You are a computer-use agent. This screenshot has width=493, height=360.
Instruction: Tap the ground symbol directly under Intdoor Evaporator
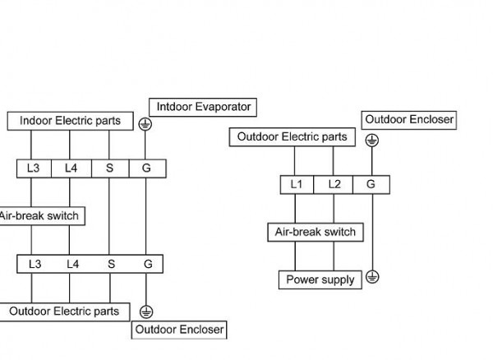pyautogui.click(x=145, y=124)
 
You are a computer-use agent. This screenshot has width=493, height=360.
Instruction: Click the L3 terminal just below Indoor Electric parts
pyautogui.click(x=34, y=168)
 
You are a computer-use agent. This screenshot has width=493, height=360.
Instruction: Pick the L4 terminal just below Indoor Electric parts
pyautogui.click(x=72, y=168)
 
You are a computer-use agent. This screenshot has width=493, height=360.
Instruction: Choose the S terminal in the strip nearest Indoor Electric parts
pyautogui.click(x=109, y=168)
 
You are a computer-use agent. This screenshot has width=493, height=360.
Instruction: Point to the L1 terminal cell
pyautogui.click(x=297, y=184)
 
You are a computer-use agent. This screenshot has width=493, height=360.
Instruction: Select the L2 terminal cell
pyautogui.click(x=334, y=184)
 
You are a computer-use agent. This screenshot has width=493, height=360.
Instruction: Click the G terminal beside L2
pyautogui.click(x=371, y=184)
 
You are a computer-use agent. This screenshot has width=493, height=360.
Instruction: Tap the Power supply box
pyautogui.click(x=320, y=279)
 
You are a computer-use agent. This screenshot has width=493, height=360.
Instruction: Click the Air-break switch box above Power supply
pyautogui.click(x=316, y=232)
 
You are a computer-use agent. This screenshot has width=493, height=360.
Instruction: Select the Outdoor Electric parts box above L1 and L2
pyautogui.click(x=292, y=137)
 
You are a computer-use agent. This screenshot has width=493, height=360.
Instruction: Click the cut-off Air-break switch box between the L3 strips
pyautogui.click(x=41, y=216)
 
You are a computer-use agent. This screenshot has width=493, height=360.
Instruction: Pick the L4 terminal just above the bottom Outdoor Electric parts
pyautogui.click(x=72, y=264)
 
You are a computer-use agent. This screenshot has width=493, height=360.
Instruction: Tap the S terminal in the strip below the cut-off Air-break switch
pyautogui.click(x=109, y=264)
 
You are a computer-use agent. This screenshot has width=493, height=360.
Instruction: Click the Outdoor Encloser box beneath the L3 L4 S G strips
pyautogui.click(x=179, y=330)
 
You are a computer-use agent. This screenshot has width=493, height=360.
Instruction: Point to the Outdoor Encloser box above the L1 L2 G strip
pyautogui.click(x=408, y=120)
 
